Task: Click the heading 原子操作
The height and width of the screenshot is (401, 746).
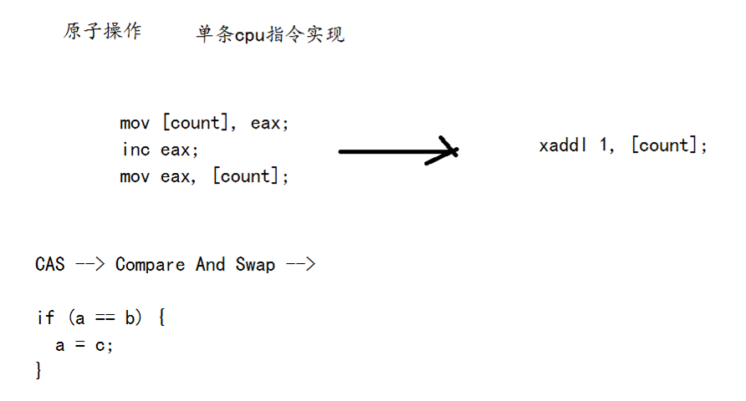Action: (103, 32)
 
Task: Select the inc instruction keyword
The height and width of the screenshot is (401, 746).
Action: (135, 150)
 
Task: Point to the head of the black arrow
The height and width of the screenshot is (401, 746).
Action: (452, 151)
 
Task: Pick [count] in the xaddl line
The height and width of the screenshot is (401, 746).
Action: (664, 145)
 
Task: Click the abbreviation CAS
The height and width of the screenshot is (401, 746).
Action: (50, 265)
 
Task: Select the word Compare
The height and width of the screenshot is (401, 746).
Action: (150, 265)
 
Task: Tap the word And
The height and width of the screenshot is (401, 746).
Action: (211, 265)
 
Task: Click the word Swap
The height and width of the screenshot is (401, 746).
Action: (255, 265)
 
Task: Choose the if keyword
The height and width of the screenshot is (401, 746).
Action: (45, 318)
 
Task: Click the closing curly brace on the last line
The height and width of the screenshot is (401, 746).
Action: (38, 370)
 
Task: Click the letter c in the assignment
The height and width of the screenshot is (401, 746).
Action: (100, 345)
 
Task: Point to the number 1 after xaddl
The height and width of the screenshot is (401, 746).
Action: (604, 145)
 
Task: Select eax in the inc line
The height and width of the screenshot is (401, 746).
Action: (176, 150)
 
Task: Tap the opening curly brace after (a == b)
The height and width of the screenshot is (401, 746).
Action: (161, 318)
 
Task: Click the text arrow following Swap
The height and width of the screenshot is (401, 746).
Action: (299, 265)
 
